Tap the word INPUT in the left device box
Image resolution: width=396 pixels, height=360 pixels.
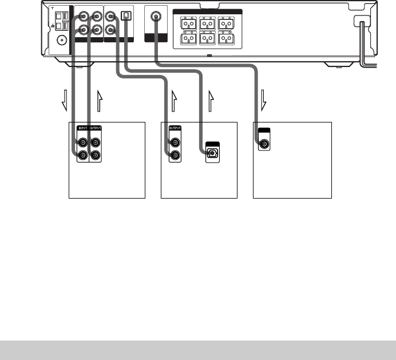click(82, 129)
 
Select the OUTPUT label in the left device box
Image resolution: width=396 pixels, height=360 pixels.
click(96, 129)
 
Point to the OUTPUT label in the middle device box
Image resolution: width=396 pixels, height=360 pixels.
click(176, 129)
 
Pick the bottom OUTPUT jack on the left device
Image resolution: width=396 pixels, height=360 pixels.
click(96, 155)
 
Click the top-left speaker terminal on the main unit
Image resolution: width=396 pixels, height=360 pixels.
click(187, 25)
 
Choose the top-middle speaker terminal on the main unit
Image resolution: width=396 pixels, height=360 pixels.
click(207, 25)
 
